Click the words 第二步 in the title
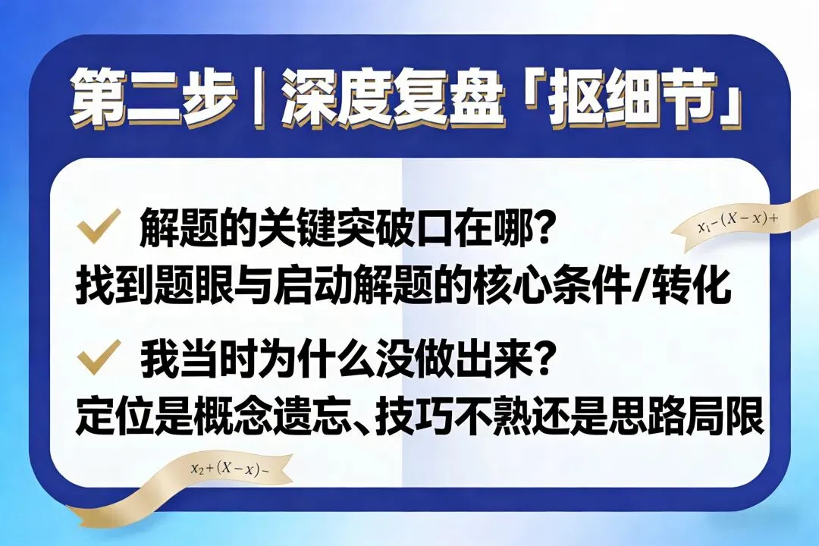click(x=152, y=99)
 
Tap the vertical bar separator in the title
click(x=259, y=99)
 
